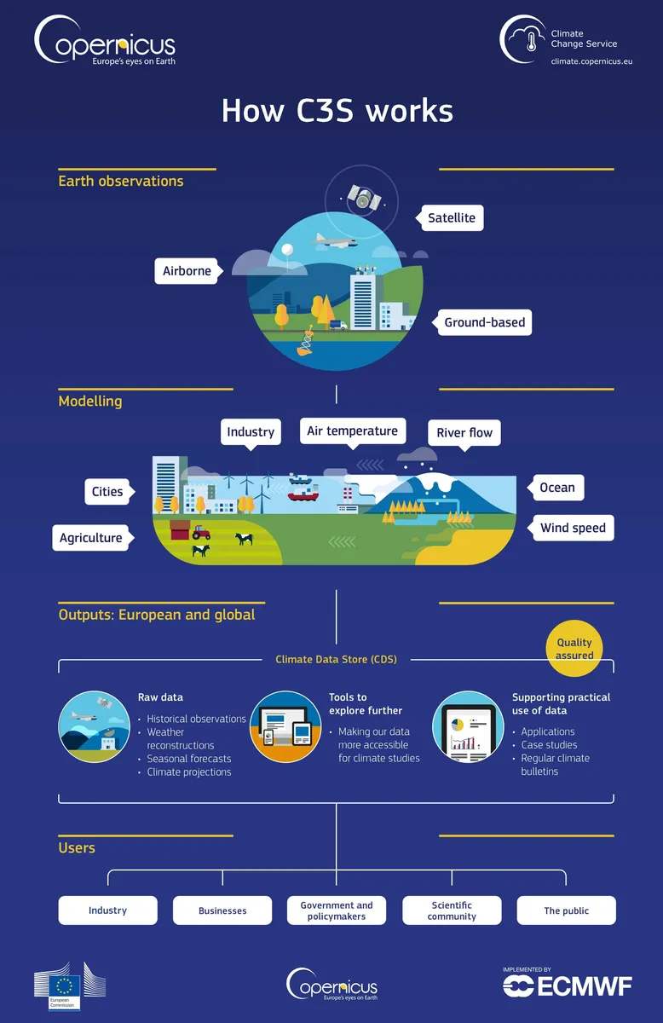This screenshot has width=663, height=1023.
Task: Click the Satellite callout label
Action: tap(452, 217)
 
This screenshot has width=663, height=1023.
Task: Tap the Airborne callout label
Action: tap(187, 271)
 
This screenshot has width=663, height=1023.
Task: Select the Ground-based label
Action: tap(484, 322)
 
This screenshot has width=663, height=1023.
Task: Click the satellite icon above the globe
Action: tap(363, 199)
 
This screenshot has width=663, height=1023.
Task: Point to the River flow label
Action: tap(464, 432)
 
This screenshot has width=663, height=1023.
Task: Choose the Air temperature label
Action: tap(352, 431)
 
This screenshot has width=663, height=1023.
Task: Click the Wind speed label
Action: tap(573, 528)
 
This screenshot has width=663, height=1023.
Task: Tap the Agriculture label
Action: tap(91, 538)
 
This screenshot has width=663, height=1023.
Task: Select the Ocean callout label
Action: tap(557, 488)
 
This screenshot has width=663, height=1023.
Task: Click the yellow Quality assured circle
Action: tap(574, 649)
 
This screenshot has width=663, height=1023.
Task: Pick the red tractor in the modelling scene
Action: tap(201, 532)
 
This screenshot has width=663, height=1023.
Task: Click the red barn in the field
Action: tap(180, 529)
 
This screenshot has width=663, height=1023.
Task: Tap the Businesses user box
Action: tap(222, 910)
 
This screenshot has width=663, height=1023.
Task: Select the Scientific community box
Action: tap(452, 910)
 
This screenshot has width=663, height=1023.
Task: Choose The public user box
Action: tap(566, 910)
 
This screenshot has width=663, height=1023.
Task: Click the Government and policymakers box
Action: tap(337, 910)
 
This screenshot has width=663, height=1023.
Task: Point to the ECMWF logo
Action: tap(568, 985)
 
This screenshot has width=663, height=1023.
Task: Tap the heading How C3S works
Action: tap(337, 111)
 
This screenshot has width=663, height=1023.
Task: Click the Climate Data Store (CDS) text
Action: tap(336, 659)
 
